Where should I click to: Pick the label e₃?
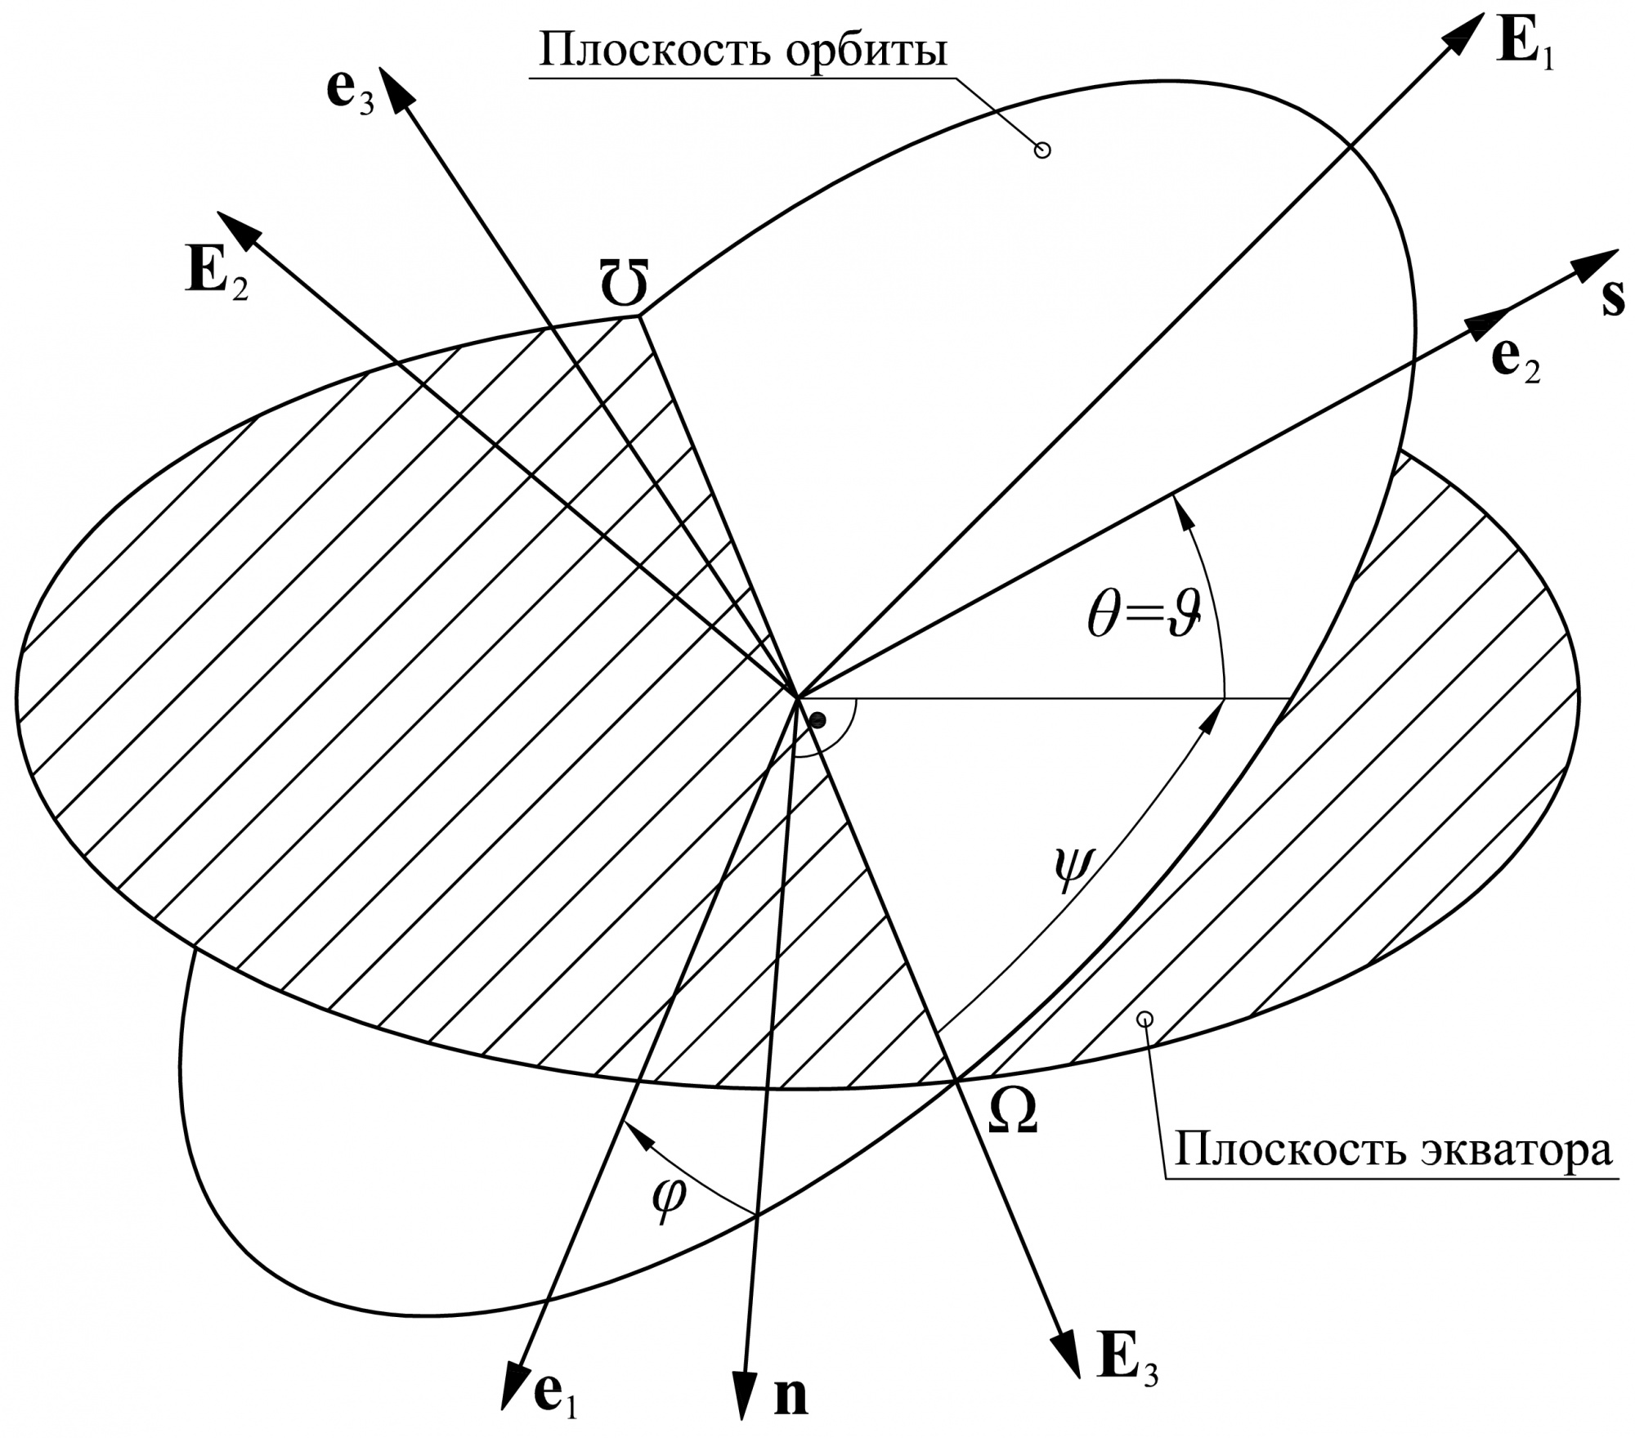pos(350,93)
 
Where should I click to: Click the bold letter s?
pos(1613,299)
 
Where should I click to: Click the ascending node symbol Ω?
pos(1013,1111)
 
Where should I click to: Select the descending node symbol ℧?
pos(624,284)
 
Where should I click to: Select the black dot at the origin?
pos(817,719)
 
